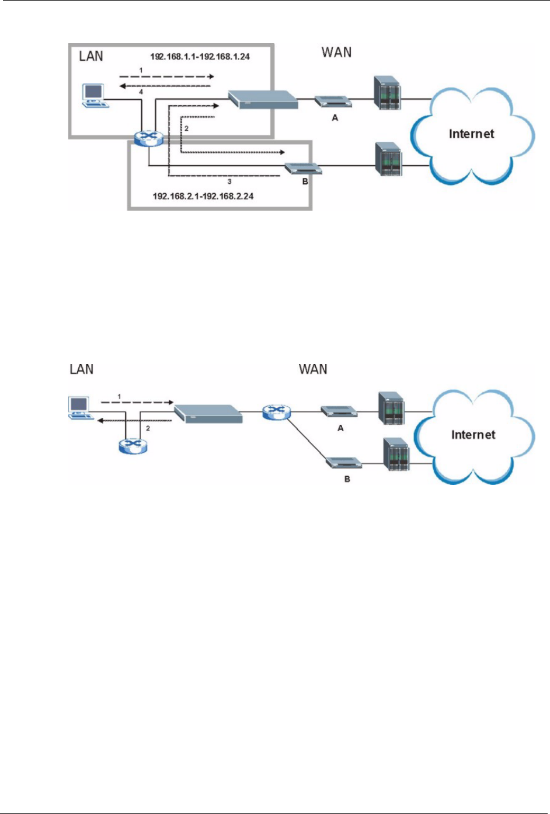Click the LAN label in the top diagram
coord(91,56)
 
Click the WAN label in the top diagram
coord(336,53)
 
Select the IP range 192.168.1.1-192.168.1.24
coord(200,57)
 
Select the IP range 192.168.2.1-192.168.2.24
coord(203,196)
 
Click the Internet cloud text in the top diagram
coord(471,134)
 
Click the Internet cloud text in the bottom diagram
coord(473,435)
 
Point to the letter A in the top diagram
coord(335,118)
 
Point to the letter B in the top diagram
coord(305,181)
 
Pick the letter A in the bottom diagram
coord(341,428)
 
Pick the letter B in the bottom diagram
coord(347,479)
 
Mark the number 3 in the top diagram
coord(229,182)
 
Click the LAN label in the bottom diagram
coord(82,369)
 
